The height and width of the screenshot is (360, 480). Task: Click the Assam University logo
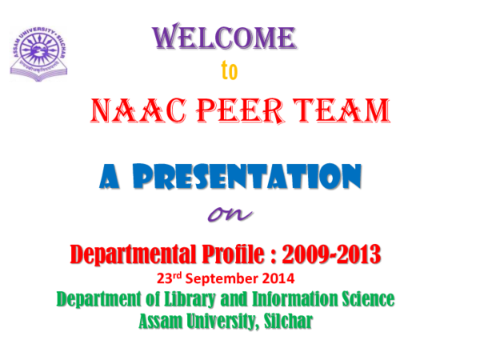coord(38,50)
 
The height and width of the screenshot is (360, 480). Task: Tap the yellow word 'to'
coord(230,73)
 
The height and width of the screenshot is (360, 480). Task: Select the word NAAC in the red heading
coord(134,110)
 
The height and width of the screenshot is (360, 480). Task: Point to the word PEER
coord(242,110)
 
